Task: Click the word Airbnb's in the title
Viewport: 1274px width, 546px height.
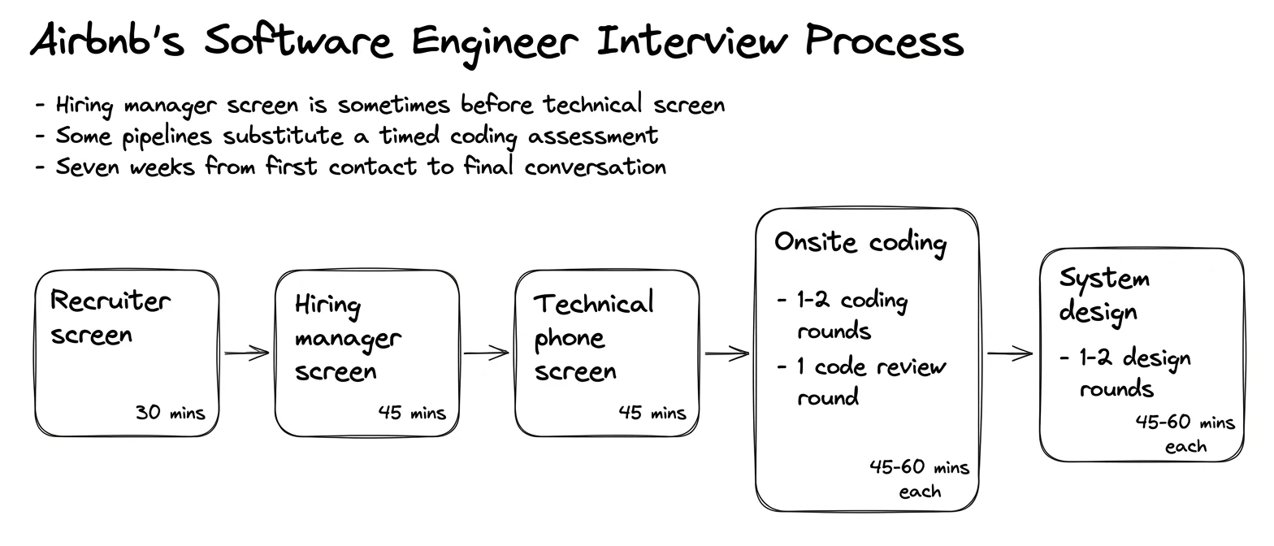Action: [x=107, y=40]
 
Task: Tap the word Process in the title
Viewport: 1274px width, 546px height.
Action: [x=884, y=40]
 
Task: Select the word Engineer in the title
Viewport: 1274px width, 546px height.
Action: [x=495, y=45]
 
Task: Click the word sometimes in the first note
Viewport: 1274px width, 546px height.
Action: [x=393, y=105]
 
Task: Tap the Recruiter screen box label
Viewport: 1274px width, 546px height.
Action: [x=110, y=317]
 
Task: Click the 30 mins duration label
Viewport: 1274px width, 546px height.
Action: [x=170, y=413]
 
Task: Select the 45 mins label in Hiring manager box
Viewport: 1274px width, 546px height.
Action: [x=412, y=413]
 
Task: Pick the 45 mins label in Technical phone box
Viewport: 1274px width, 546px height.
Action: [x=652, y=413]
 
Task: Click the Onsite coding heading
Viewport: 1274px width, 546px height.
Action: [x=860, y=243]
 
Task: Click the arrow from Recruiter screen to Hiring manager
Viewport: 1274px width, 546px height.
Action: [x=247, y=353]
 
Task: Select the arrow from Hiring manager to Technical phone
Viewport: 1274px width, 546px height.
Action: [x=486, y=353]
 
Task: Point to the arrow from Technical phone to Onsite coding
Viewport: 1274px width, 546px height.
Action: [x=727, y=353]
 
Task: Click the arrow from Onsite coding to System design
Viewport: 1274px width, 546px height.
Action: [x=1010, y=353]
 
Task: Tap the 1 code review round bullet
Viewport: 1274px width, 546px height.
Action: [x=861, y=382]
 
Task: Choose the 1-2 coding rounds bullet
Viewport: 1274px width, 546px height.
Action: [x=843, y=315]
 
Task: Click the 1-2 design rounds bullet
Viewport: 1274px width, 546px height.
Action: [x=1125, y=373]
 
